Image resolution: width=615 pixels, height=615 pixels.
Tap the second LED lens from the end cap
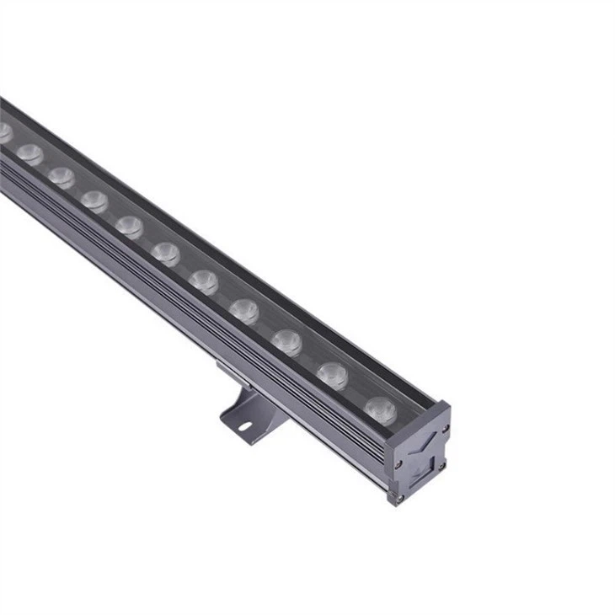(x=332, y=373)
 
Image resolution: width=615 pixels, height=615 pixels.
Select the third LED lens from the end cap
(x=286, y=340)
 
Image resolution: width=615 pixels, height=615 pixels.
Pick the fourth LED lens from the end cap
(x=243, y=309)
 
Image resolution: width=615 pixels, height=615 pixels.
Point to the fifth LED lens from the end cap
(x=203, y=280)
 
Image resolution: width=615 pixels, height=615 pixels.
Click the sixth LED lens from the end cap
(x=165, y=252)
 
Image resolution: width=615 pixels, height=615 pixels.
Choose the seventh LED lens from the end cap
(x=129, y=226)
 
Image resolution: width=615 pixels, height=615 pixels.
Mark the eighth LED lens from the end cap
(x=94, y=201)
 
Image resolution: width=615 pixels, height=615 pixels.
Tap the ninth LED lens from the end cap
(x=61, y=176)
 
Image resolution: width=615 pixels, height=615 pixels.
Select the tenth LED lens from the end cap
(x=29, y=153)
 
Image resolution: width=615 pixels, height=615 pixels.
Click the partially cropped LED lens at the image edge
(x=4, y=132)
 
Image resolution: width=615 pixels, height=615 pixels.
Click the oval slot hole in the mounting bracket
(x=243, y=425)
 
